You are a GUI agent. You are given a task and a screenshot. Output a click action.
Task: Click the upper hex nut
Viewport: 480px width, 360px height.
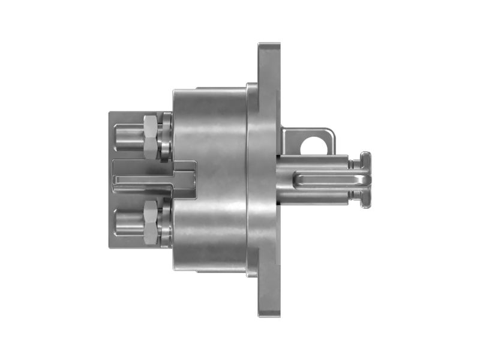coord(151,136)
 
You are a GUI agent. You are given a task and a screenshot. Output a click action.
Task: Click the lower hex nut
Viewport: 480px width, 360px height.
coord(151,223)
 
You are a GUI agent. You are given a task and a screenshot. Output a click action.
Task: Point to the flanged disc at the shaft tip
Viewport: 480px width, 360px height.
coord(365,181)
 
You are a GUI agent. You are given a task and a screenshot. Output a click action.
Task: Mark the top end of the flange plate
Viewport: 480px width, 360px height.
coord(269,48)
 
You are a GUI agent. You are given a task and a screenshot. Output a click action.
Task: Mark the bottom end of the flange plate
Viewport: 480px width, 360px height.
coord(269,312)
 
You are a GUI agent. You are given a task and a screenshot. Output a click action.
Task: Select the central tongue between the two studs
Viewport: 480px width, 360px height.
coord(153,179)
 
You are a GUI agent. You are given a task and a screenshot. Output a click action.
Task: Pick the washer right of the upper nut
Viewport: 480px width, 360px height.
coord(166,137)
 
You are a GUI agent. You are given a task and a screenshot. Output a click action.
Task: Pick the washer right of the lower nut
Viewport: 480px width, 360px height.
coord(166,223)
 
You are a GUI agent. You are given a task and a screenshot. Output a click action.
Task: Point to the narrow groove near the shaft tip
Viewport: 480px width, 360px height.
coord(355,181)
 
